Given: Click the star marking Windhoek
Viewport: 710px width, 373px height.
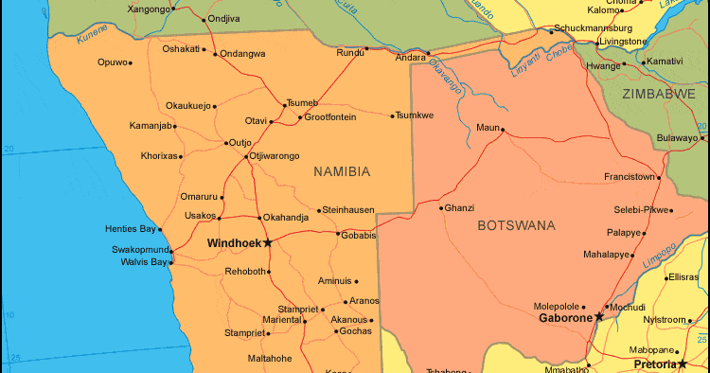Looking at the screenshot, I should [268, 243].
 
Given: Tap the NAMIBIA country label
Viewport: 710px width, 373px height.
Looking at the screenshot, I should [342, 171].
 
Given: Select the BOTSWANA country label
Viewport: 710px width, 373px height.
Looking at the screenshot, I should [516, 225].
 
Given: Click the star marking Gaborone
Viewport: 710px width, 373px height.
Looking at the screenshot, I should [598, 317].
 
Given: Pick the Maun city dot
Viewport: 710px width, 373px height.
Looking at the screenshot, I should [503, 130].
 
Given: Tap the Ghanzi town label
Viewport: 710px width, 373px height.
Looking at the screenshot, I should [460, 207].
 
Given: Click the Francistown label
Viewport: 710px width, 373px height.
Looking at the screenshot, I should [630, 177].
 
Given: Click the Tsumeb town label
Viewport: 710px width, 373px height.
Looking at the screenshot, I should [302, 103].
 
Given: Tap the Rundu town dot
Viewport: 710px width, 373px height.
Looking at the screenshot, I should [366, 47].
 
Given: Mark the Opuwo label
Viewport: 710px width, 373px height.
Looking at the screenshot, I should [111, 62].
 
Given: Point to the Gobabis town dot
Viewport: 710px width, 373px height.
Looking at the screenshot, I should [338, 234].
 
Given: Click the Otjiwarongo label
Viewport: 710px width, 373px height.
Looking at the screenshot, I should [275, 156].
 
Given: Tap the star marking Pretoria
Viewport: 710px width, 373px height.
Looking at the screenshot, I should [682, 364].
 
